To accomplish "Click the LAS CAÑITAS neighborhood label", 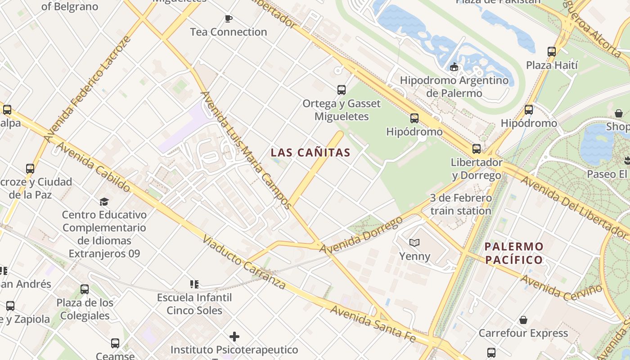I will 310,153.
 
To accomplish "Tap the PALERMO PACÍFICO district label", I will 514,253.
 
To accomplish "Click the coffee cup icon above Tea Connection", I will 229,18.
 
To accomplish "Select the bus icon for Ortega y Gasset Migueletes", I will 342,90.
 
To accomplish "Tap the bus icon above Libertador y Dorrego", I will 477,148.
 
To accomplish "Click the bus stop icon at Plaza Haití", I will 552,51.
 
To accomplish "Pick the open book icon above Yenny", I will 414,243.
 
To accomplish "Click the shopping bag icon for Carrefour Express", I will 523,320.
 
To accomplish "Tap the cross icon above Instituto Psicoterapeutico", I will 234,336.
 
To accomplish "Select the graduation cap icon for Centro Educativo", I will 104,201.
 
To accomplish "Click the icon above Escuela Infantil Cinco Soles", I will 194,284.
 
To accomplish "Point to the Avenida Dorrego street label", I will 361,234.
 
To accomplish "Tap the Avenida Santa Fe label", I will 373,323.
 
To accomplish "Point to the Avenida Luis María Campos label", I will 246,150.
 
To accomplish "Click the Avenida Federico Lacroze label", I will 87,89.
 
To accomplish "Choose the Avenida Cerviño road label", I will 561,287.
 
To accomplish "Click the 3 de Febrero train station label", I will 461,204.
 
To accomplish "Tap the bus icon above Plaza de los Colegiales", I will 85,289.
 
